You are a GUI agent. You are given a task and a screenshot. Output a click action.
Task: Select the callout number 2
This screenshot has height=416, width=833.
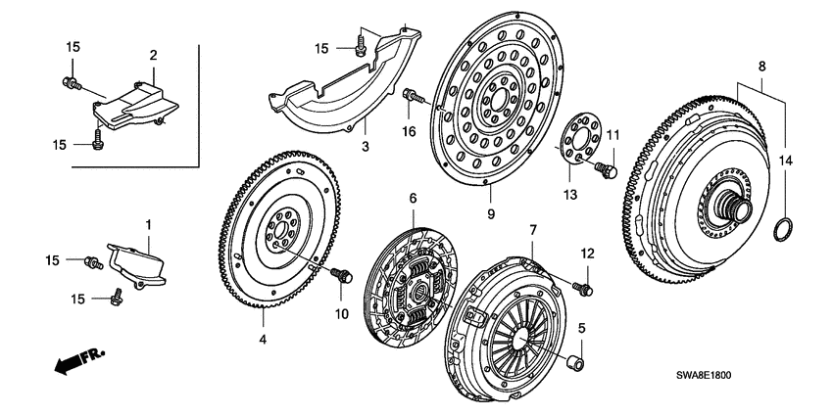tap(153, 55)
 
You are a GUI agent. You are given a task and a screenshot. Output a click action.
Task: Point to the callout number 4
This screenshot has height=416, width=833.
tap(263, 340)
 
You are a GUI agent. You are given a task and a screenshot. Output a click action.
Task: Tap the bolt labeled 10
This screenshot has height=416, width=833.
tap(342, 278)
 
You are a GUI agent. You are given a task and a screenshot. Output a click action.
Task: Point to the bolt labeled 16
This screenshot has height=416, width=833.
tap(413, 96)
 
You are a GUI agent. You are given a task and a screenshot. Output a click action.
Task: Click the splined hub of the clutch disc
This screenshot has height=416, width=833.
tap(416, 291)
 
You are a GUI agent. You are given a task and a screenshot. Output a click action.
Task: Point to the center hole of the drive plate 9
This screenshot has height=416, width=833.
tap(496, 99)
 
